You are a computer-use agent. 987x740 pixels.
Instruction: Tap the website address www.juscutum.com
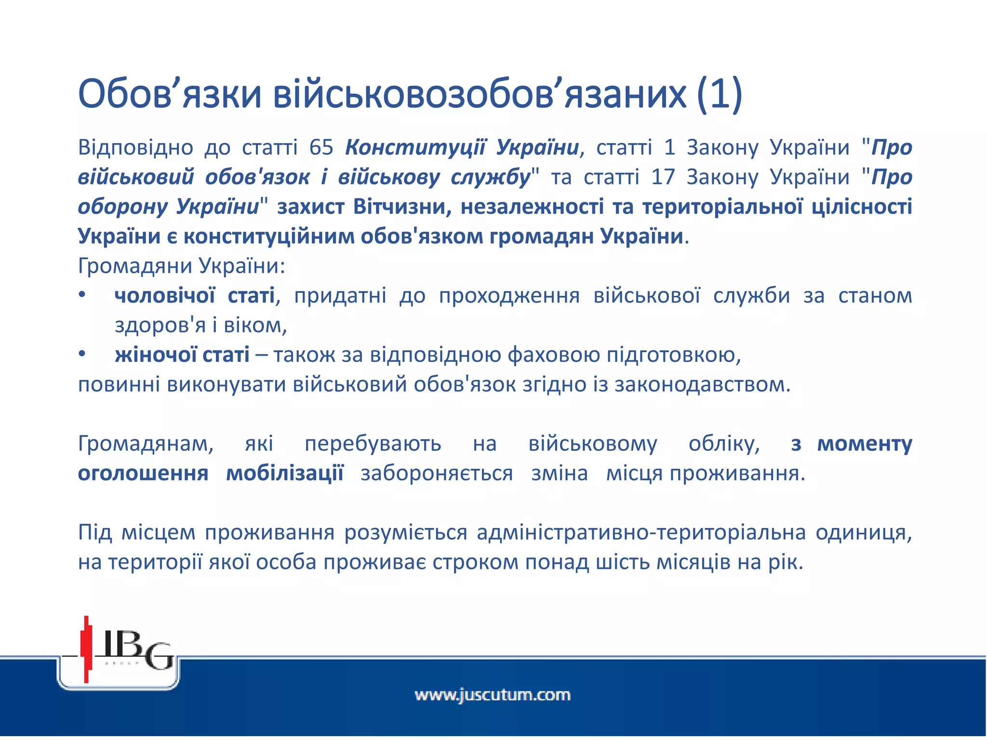click(493, 695)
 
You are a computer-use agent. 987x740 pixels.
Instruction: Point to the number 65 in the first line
click(321, 147)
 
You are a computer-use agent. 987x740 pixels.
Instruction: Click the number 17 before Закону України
click(663, 177)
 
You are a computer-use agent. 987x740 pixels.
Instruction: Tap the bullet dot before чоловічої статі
click(82, 295)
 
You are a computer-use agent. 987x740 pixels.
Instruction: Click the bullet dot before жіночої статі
click(82, 355)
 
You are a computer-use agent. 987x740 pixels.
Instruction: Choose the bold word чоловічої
click(164, 295)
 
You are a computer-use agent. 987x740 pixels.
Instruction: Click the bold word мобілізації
click(285, 474)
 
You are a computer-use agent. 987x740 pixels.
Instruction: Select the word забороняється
click(437, 474)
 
